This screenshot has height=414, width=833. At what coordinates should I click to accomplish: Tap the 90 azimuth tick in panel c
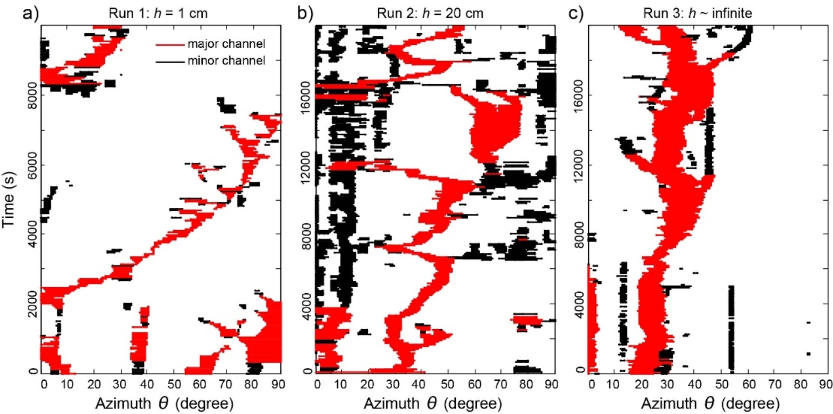(x=824, y=382)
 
